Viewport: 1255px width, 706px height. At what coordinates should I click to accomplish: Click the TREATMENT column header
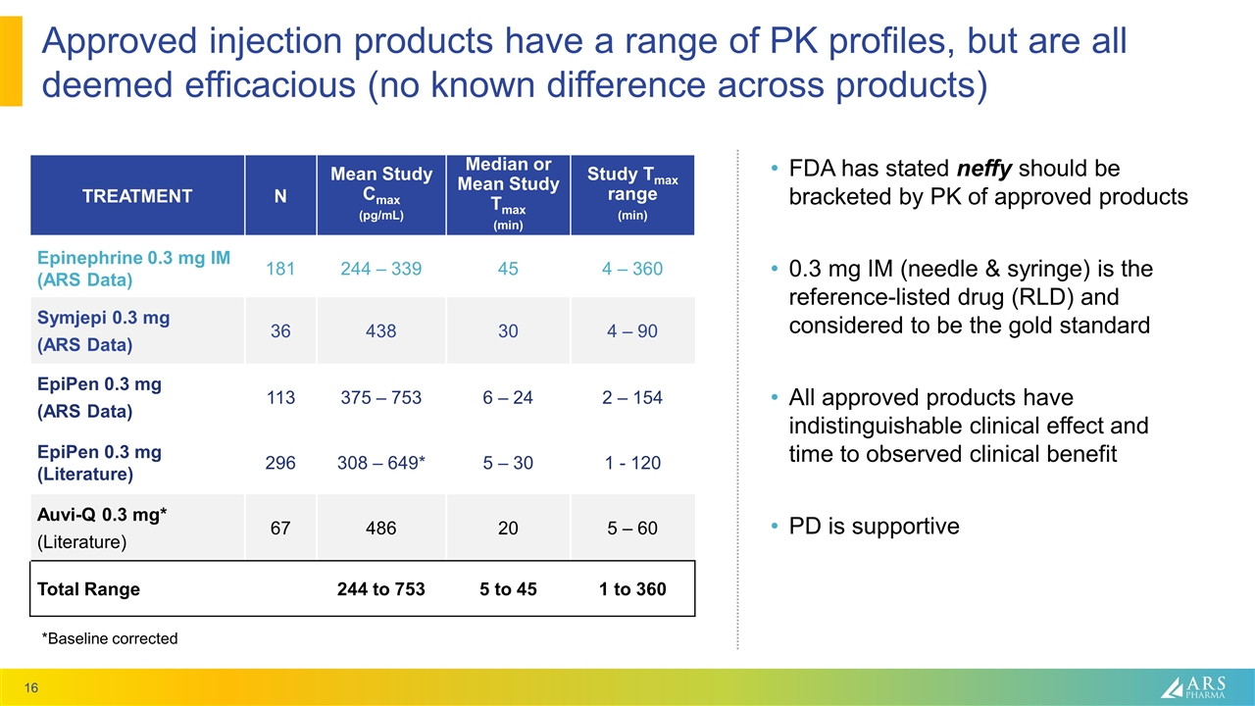click(136, 196)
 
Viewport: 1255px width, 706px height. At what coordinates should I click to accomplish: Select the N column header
click(280, 196)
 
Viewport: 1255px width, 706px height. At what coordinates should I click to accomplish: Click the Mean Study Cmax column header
click(380, 194)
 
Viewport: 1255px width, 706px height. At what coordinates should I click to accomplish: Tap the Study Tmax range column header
click(631, 194)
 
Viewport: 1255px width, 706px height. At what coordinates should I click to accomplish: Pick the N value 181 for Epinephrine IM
click(280, 269)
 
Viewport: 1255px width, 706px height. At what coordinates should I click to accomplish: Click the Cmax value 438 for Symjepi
click(380, 332)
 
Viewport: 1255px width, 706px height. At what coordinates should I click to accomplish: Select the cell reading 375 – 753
click(380, 397)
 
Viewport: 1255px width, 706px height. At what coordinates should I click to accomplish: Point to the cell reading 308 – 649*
click(380, 463)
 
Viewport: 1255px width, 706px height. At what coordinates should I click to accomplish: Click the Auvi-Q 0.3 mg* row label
click(102, 517)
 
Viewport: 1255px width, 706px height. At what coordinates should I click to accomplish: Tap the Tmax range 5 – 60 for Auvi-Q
click(632, 529)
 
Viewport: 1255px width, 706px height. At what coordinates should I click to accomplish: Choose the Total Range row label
click(88, 589)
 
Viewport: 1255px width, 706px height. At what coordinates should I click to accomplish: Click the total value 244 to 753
click(380, 589)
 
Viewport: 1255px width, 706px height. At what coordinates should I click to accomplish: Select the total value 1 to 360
click(632, 589)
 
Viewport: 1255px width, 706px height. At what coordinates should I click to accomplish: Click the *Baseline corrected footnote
click(109, 638)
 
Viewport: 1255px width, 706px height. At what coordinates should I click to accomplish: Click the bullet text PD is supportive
click(874, 527)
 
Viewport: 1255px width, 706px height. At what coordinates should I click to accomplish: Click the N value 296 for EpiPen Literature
click(280, 463)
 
